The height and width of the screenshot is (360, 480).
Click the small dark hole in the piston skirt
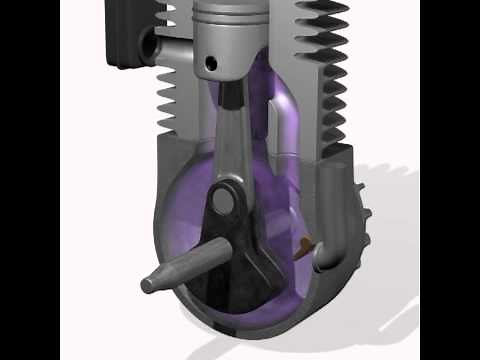[211, 63]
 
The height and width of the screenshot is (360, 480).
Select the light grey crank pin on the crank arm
[227, 200]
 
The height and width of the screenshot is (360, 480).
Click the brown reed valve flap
[306, 242]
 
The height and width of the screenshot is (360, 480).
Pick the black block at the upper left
[125, 30]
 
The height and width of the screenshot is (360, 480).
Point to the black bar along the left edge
[30, 180]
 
